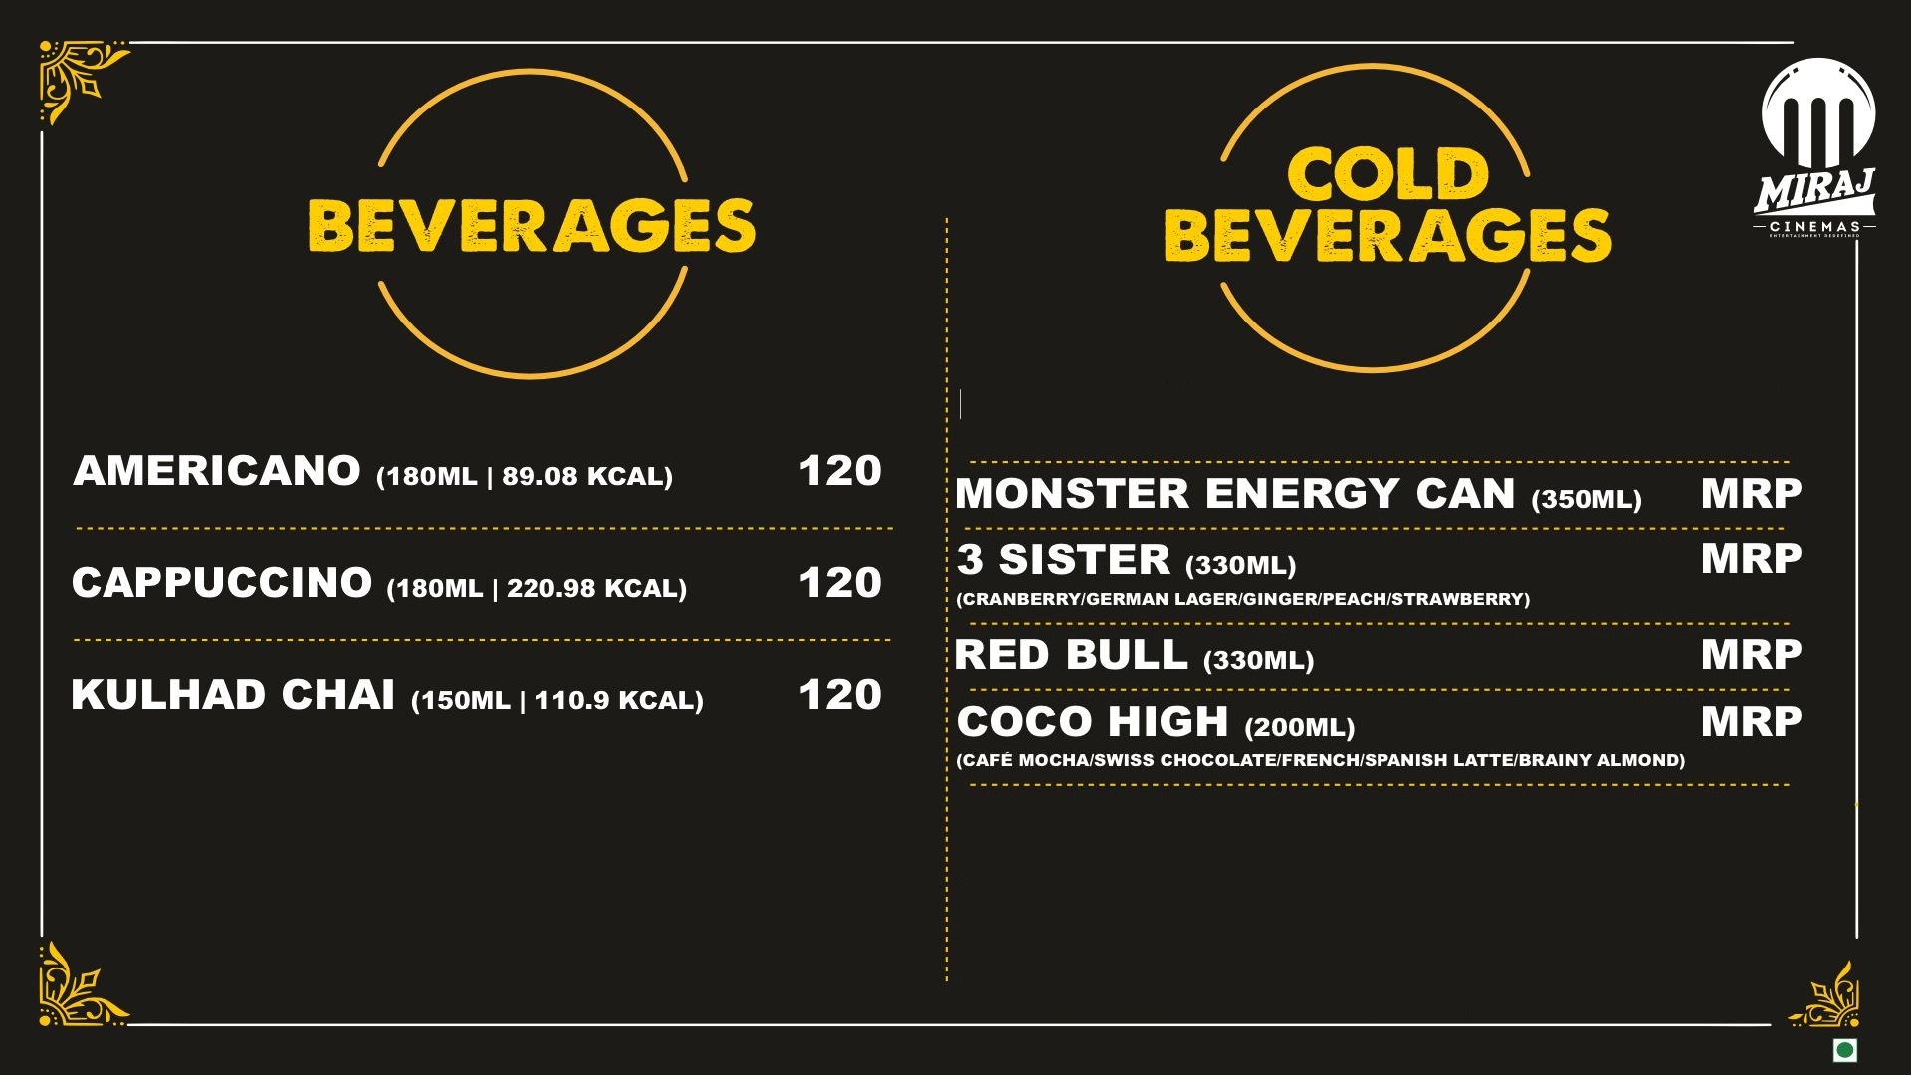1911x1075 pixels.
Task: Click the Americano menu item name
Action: click(217, 471)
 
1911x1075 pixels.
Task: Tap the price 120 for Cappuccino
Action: click(840, 583)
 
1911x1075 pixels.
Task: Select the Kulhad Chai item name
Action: click(233, 695)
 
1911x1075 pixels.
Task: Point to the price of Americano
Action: click(840, 471)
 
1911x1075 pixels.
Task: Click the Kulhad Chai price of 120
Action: click(840, 695)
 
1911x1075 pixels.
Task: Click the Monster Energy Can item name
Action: click(1235, 494)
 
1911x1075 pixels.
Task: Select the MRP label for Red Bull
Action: click(1751, 655)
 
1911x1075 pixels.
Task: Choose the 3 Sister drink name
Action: click(1064, 560)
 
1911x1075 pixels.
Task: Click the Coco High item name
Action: click(1093, 722)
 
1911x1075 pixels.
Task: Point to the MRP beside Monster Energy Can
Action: click(1751, 494)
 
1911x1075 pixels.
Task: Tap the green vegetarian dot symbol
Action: click(1845, 1050)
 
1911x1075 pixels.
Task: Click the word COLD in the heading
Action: click(1387, 175)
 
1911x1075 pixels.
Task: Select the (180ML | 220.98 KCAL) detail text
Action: click(536, 589)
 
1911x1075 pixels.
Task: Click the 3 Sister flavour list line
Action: click(1243, 599)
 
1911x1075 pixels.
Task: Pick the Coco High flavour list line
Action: click(1321, 760)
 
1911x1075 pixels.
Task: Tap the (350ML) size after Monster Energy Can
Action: click(1587, 499)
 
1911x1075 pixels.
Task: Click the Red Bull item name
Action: click(1071, 655)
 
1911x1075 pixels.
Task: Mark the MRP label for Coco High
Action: click(1751, 722)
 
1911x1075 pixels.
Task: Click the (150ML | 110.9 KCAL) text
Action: click(557, 701)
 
